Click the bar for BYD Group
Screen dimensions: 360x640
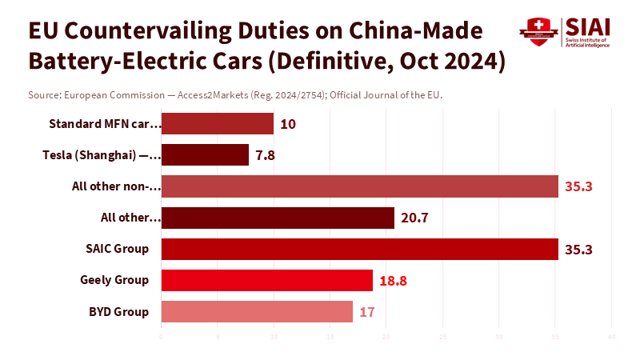click(x=257, y=311)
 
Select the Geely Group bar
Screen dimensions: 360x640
click(x=267, y=280)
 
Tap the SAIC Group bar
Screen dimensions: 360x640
click(x=359, y=249)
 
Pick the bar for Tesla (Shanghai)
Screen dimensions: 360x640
click(x=205, y=155)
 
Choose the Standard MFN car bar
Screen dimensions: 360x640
click(x=218, y=124)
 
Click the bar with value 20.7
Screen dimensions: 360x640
click(x=278, y=218)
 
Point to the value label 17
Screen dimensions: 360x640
click(x=367, y=311)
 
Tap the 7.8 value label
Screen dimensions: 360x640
click(x=265, y=155)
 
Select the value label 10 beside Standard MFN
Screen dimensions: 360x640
click(x=288, y=124)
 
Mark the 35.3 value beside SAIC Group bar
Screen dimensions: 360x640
click(x=578, y=249)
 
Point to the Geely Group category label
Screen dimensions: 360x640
click(x=114, y=280)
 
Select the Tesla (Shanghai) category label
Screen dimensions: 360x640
click(x=102, y=155)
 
